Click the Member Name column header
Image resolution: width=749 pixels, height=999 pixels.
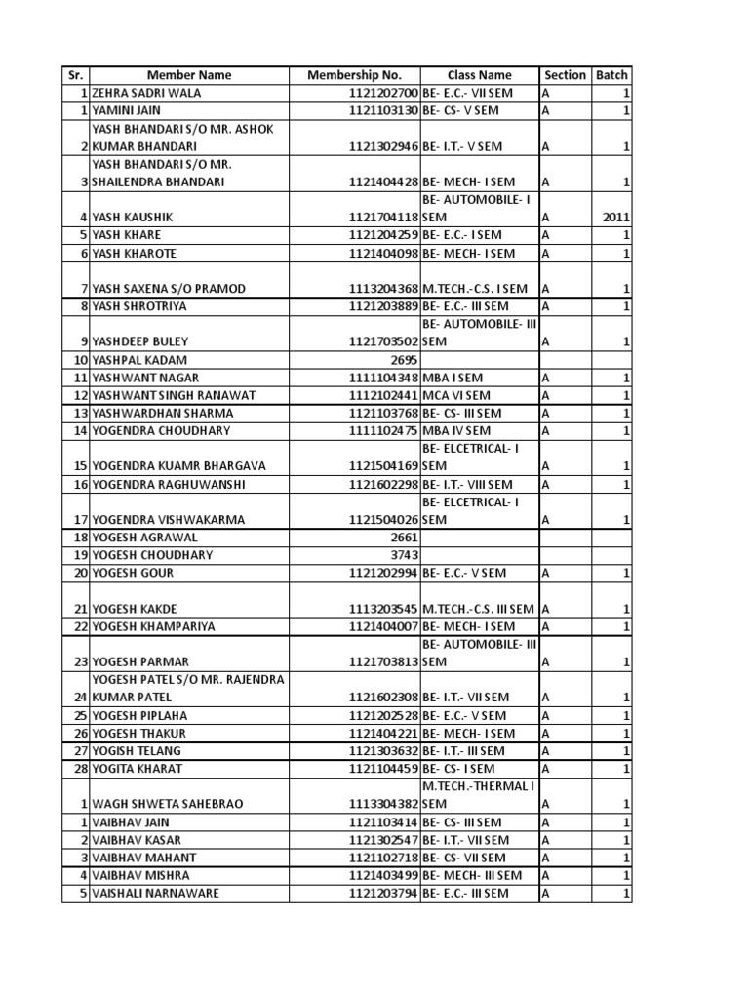pos(189,75)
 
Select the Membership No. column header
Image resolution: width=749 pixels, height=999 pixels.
pos(354,75)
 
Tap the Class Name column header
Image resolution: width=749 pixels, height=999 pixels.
pos(479,75)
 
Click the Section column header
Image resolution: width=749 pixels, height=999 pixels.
pos(565,75)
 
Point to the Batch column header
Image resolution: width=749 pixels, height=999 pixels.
pos(612,75)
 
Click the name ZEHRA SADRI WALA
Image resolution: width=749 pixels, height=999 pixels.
pos(144,93)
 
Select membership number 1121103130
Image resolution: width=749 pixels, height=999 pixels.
pos(379,110)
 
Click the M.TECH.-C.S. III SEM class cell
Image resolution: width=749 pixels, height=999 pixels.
pos(479,609)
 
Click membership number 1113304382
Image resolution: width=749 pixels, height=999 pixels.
pos(379,804)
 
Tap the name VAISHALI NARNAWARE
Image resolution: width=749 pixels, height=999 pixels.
pos(154,893)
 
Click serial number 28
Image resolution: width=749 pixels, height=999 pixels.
pos(82,768)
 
